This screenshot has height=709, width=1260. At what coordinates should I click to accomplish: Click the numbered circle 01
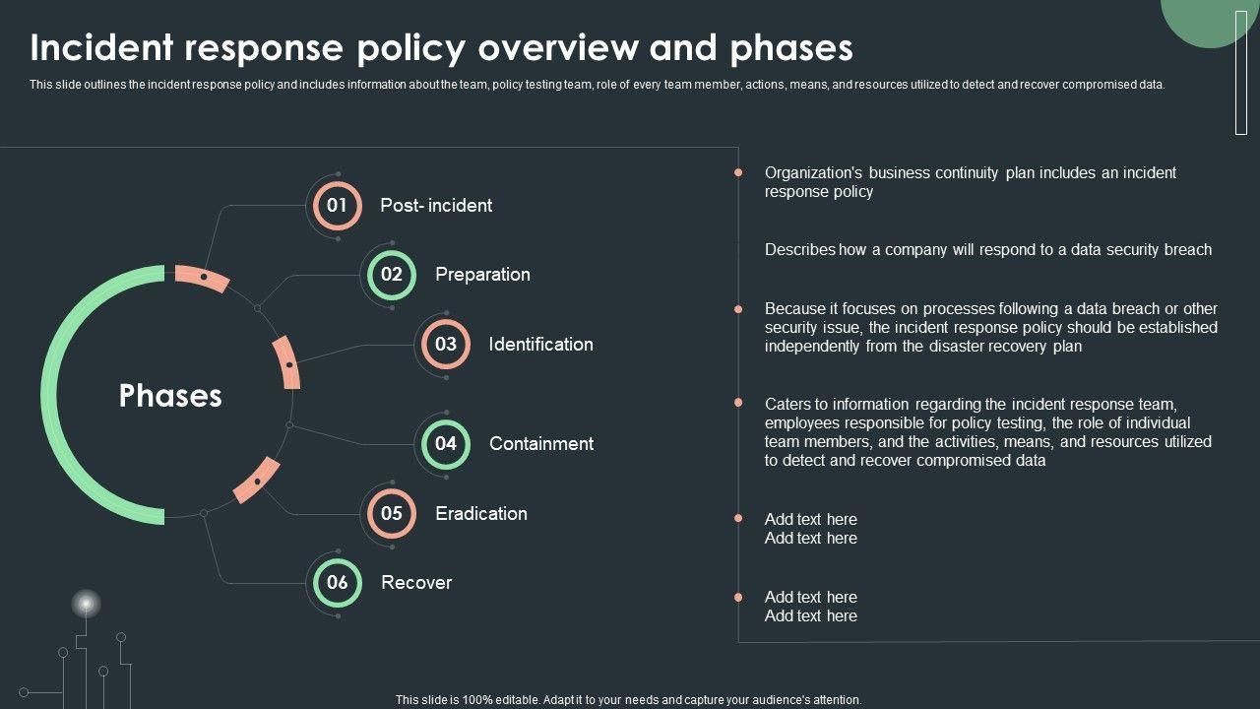337,206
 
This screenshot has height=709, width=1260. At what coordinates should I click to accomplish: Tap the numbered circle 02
392,275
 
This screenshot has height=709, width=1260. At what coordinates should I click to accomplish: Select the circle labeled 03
446,345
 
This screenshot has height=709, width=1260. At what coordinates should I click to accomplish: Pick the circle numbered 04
446,444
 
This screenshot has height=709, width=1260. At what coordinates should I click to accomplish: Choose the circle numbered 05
392,513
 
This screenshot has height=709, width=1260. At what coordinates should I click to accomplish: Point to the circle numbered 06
338,583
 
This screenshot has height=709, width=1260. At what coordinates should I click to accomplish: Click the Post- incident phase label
436,206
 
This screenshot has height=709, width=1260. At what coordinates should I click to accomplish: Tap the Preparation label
482,275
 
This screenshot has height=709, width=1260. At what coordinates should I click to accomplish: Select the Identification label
540,345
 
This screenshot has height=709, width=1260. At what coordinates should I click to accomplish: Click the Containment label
541,444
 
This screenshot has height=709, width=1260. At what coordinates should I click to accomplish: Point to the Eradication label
481,513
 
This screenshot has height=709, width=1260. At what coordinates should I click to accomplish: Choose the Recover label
416,583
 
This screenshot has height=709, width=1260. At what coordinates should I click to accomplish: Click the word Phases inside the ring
170,396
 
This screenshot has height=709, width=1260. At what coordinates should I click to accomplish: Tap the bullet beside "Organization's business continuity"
738,173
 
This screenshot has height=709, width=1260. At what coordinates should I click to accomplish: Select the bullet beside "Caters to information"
738,403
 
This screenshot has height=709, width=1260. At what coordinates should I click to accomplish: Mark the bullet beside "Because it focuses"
738,309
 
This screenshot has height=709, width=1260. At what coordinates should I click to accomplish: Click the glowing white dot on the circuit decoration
86,603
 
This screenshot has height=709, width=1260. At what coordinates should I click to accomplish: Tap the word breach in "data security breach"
1188,250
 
